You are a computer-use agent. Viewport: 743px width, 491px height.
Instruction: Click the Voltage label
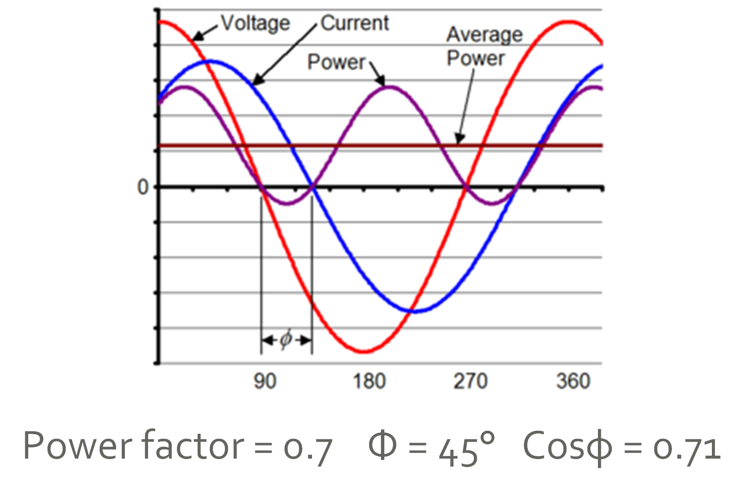point(256,23)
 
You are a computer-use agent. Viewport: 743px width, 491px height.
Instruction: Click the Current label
point(354,23)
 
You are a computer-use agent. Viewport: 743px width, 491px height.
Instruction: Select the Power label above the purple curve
point(336,62)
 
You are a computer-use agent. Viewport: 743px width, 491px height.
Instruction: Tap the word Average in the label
point(484,35)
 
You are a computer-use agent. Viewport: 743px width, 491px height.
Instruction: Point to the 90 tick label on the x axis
point(265,381)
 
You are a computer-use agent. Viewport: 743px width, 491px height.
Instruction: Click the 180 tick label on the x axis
point(369,381)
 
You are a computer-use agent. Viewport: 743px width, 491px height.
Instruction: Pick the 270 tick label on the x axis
point(470,381)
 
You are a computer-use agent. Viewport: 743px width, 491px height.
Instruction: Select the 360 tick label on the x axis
point(573,381)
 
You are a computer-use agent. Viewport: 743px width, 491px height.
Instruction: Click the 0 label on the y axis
point(143,187)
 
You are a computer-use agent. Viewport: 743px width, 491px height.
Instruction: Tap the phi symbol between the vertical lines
point(286,339)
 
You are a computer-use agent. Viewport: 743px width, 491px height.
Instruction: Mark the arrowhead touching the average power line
point(459,139)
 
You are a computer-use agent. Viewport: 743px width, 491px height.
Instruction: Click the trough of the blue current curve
point(414,311)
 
